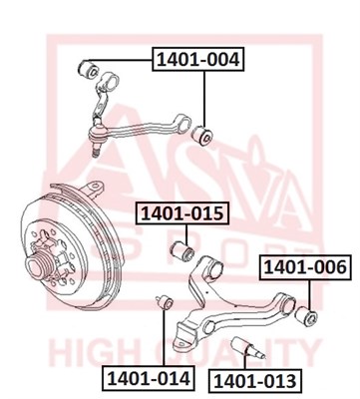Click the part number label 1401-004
[x=198, y=60]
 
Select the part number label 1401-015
[x=182, y=213]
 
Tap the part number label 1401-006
[x=305, y=267]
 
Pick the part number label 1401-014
[x=149, y=378]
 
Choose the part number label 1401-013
[x=255, y=381]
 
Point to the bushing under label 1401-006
[x=306, y=316]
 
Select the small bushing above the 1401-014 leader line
[x=165, y=301]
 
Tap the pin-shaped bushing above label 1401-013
[x=247, y=348]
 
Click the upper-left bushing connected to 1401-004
[x=88, y=69]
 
